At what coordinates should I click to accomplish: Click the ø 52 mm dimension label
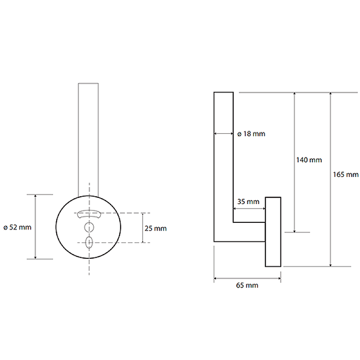click(18, 227)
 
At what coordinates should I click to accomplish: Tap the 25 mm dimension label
click(155, 229)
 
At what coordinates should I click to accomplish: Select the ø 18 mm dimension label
click(251, 134)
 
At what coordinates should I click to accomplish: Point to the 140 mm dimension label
click(309, 160)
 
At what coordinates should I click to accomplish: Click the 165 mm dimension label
click(346, 175)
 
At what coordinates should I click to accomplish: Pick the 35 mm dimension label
click(248, 202)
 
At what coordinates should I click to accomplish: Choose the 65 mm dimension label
click(247, 285)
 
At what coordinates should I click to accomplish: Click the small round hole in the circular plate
click(89, 227)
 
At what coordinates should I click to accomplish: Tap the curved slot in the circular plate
click(89, 214)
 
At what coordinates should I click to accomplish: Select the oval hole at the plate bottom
click(89, 242)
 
